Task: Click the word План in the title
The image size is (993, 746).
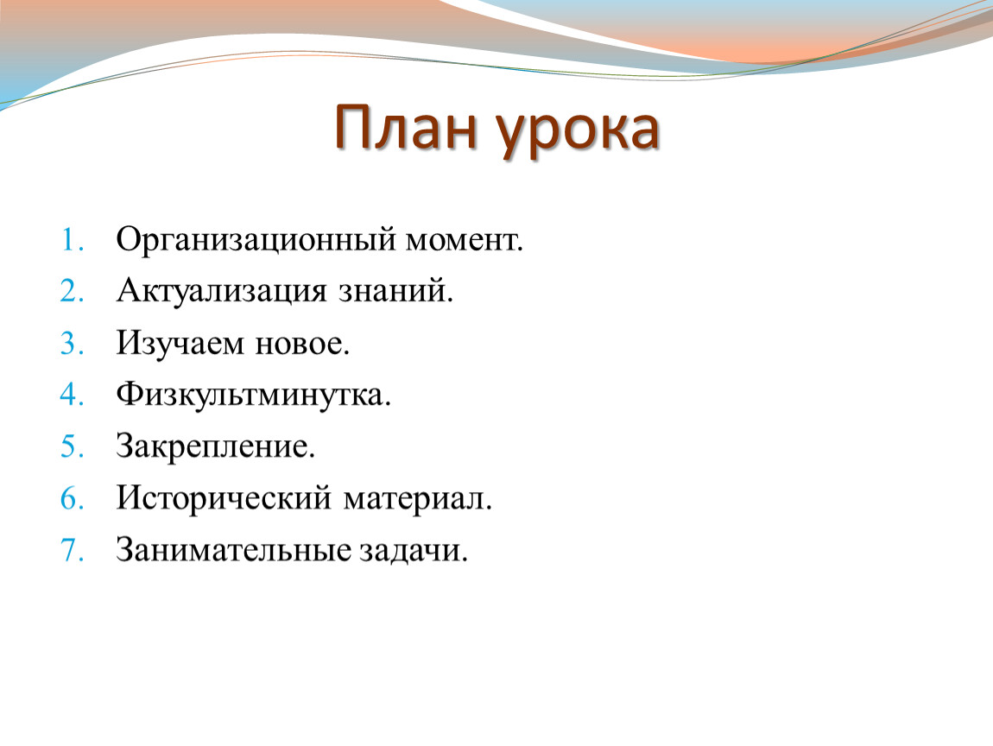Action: tap(405, 129)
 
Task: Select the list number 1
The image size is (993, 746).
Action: tap(73, 240)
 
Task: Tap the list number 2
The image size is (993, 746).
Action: tap(73, 291)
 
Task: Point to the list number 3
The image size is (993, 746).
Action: tap(73, 344)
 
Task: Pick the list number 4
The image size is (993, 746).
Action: tap(73, 395)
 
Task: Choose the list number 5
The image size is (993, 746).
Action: tap(73, 446)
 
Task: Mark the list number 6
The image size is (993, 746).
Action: tap(73, 498)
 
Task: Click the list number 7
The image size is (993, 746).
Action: tap(73, 550)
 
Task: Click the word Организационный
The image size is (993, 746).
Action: tap(256, 241)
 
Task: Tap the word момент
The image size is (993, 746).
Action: tap(465, 241)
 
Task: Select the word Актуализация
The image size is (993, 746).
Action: tap(222, 293)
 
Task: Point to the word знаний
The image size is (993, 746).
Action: tap(395, 291)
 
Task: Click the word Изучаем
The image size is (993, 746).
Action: tap(180, 345)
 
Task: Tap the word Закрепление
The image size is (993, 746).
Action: tap(215, 448)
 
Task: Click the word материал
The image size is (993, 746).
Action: tap(418, 500)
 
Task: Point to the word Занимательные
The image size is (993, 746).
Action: tap(233, 550)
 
